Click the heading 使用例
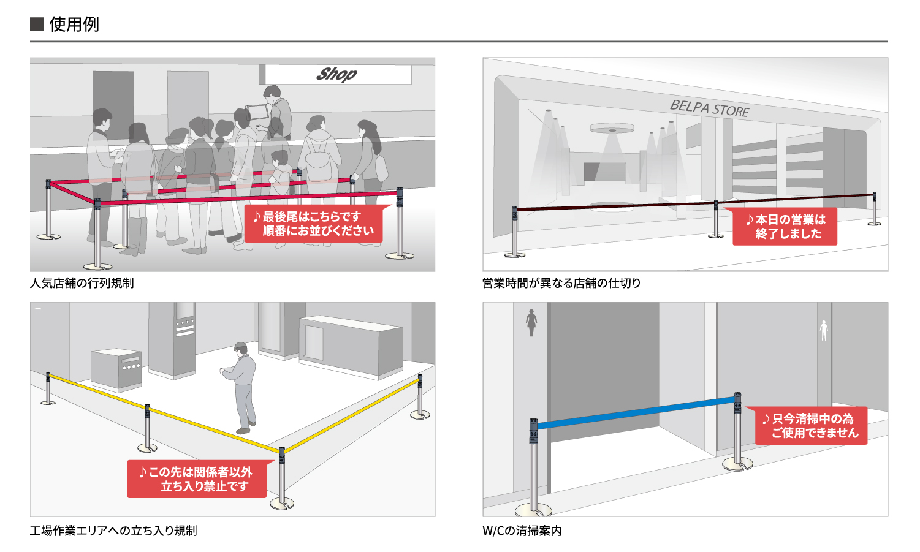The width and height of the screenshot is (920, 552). click(74, 25)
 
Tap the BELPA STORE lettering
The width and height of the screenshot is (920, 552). click(709, 108)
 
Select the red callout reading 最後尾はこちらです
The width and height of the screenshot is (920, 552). click(314, 224)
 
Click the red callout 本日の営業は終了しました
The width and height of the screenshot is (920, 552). click(785, 227)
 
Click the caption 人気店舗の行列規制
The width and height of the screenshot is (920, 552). click(82, 283)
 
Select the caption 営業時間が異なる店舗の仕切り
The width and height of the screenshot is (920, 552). click(561, 283)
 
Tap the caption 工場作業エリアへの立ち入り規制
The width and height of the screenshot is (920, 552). click(113, 531)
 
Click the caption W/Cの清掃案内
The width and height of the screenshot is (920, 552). click(522, 531)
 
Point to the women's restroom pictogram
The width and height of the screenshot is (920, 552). click(531, 323)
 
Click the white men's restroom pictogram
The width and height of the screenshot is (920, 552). click(824, 331)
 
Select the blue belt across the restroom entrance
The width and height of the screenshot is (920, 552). click(636, 412)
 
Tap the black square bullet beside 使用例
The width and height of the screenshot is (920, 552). click(37, 25)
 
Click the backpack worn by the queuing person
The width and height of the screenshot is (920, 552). click(319, 159)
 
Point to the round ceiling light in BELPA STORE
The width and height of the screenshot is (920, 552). click(612, 129)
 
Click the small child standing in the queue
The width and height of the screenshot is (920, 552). click(281, 172)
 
